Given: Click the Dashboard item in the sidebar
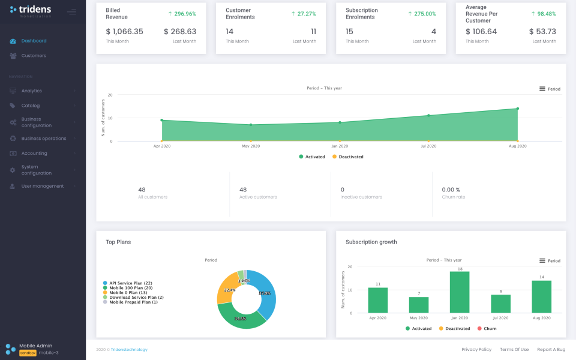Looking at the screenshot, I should pyautogui.click(x=34, y=41).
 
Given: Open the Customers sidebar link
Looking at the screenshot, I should pyautogui.click(x=34, y=56).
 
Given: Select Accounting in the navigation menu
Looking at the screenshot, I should pyautogui.click(x=34, y=153).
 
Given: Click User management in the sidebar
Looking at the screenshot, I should pyautogui.click(x=42, y=186).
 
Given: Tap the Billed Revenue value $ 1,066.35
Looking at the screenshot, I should pyautogui.click(x=124, y=32).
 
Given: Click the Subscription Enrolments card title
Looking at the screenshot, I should pyautogui.click(x=362, y=14).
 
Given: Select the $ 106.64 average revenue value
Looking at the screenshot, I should pyautogui.click(x=481, y=32).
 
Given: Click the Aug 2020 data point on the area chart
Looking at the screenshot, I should pyautogui.click(x=517, y=109).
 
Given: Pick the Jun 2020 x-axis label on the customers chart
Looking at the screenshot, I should pyautogui.click(x=340, y=146).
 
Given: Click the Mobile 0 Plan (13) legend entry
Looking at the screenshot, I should pyautogui.click(x=127, y=292).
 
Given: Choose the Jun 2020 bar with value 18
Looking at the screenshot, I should pyautogui.click(x=459, y=292).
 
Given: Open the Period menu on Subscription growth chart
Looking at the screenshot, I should pyautogui.click(x=550, y=260).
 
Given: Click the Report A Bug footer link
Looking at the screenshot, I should pyautogui.click(x=551, y=349).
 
